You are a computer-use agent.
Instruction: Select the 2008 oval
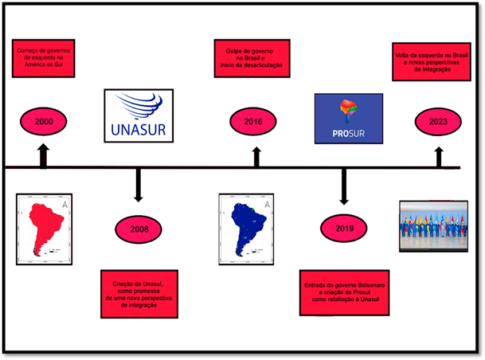(x=138, y=229)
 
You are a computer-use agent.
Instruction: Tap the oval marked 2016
(x=254, y=122)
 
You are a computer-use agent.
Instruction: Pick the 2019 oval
(x=344, y=229)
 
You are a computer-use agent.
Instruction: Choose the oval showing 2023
(x=437, y=122)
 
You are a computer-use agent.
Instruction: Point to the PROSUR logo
(x=348, y=118)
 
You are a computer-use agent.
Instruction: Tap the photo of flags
(x=433, y=225)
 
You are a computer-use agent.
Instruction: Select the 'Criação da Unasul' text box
(x=139, y=294)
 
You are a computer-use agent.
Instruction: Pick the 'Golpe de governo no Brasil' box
(x=252, y=58)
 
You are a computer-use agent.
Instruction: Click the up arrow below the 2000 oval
(x=43, y=155)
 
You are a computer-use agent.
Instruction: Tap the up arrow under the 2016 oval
(x=256, y=156)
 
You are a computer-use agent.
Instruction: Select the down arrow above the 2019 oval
(x=344, y=187)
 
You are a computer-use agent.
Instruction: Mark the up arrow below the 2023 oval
(x=439, y=156)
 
